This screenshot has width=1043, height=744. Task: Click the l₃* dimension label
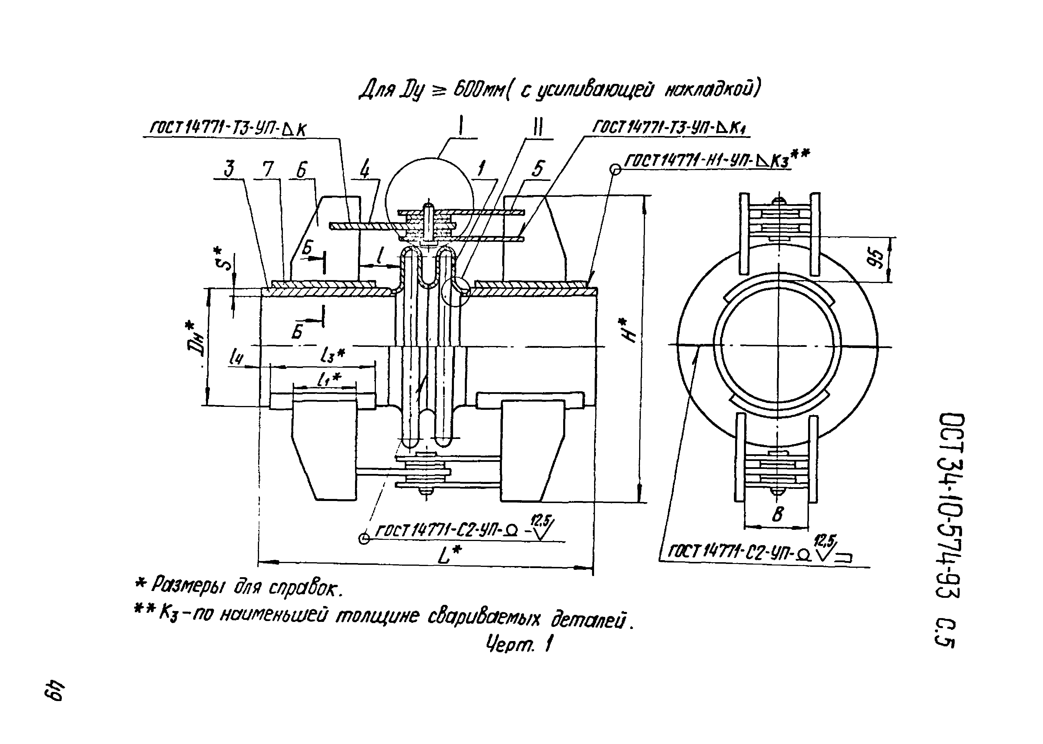(333, 355)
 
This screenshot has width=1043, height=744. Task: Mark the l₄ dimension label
(236, 355)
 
